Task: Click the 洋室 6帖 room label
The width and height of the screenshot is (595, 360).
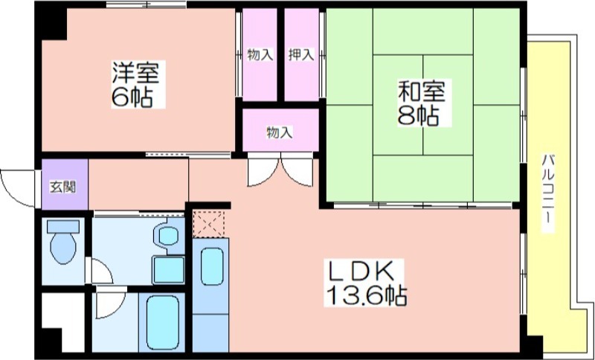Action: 138,84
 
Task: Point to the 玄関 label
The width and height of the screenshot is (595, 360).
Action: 63,187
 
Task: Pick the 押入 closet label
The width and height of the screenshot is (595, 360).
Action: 301,54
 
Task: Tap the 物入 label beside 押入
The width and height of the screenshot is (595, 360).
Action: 260,54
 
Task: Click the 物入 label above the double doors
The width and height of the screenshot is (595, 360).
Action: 280,133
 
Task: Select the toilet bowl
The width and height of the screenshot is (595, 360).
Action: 63,248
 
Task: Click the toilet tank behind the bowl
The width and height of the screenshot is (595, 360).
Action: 63,226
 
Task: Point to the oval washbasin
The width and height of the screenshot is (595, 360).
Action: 168,236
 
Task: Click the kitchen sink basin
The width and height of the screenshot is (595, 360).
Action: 212,266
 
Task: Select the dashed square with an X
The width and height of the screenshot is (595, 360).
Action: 209,224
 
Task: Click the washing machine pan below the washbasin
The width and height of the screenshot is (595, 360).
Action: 169,270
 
